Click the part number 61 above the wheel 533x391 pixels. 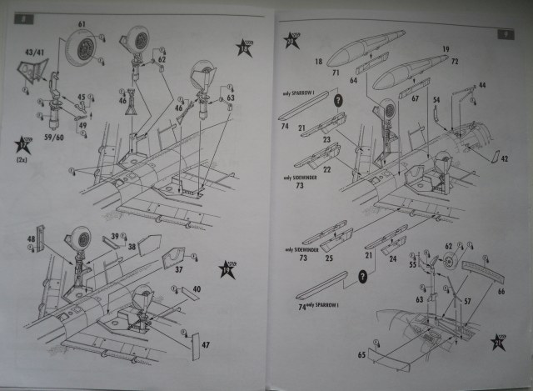pos(81,24)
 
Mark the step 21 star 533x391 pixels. pos(503,343)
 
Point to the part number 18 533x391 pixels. pos(318,61)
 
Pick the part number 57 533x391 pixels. pos(468,301)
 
